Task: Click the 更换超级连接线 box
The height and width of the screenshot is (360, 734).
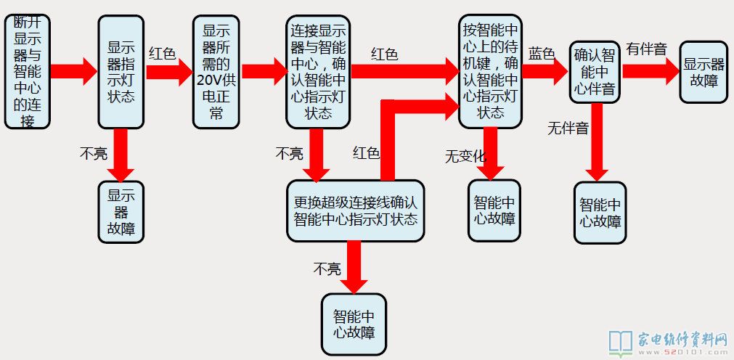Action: pyautogui.click(x=355, y=211)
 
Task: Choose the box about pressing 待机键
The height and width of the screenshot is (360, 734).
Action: pyautogui.click(x=491, y=71)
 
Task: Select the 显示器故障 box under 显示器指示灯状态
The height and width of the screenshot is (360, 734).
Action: pyautogui.click(x=122, y=212)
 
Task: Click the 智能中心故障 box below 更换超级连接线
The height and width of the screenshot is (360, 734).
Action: pyautogui.click(x=354, y=324)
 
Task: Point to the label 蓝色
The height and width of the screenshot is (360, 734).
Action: pyautogui.click(x=542, y=54)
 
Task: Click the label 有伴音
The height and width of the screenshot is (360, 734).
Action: pyautogui.click(x=647, y=49)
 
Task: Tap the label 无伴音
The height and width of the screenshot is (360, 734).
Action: pyautogui.click(x=568, y=128)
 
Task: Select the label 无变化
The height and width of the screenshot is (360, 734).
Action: pyautogui.click(x=465, y=155)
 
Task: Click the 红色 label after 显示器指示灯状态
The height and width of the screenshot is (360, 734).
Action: pyautogui.click(x=163, y=54)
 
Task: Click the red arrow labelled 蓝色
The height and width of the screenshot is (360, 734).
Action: pyautogui.click(x=548, y=71)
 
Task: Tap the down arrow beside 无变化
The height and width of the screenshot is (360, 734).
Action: pyautogui.click(x=491, y=154)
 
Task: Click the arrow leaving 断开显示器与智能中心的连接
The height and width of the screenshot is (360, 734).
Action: pyautogui.click(x=73, y=71)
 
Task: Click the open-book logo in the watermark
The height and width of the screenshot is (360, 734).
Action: pyautogui.click(x=621, y=342)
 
